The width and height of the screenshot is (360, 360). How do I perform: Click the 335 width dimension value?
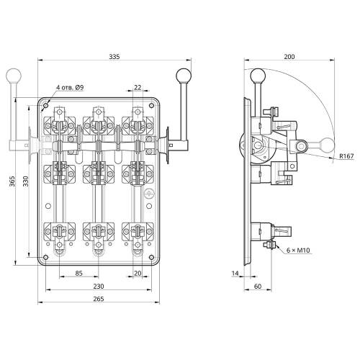(x=114, y=57)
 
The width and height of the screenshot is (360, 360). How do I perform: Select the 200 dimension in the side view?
(x=289, y=57)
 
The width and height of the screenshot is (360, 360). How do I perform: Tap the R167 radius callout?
(x=346, y=156)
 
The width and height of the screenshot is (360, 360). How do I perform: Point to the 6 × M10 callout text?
(x=298, y=251)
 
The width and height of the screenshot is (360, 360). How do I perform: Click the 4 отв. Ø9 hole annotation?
(x=70, y=87)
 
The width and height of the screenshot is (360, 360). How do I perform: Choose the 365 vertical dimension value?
(x=12, y=181)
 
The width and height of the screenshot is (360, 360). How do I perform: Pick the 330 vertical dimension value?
(x=26, y=181)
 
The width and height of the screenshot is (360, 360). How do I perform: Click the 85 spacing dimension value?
(x=78, y=273)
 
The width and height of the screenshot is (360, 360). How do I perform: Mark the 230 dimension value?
(x=99, y=287)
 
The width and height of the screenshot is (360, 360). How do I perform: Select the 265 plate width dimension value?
(x=99, y=299)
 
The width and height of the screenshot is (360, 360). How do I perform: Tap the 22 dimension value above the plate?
(x=138, y=87)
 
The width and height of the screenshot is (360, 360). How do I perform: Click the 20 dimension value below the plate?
(x=138, y=273)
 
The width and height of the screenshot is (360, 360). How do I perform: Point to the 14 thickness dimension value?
(x=235, y=273)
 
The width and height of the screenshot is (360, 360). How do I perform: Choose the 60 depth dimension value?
(x=257, y=287)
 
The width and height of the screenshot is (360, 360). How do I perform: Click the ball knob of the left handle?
(x=14, y=76)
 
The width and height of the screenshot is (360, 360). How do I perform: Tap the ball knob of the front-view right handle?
(x=184, y=76)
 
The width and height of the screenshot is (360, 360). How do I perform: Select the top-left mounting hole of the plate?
(x=45, y=105)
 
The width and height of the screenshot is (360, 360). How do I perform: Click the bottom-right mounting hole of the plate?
(x=151, y=258)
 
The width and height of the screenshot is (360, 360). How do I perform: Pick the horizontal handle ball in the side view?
(x=327, y=145)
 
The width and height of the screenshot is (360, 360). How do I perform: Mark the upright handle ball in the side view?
(x=258, y=76)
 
